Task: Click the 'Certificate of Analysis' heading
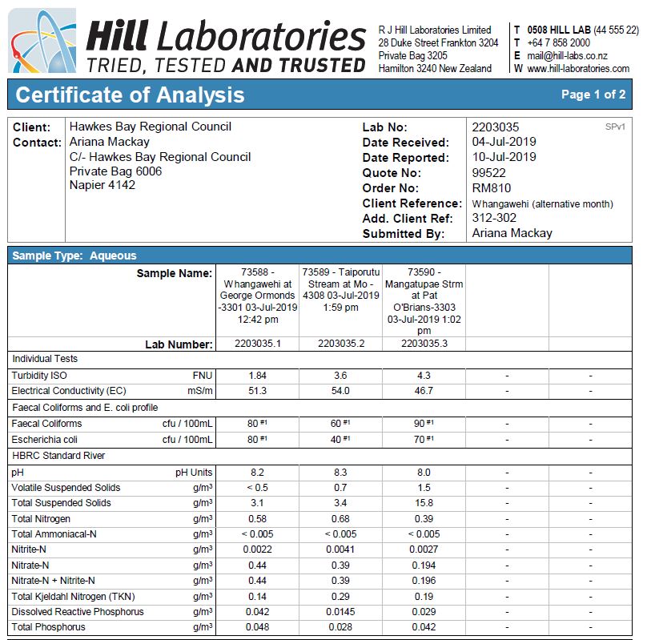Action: tap(130, 95)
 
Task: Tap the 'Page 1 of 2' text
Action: tap(593, 95)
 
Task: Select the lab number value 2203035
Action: tap(496, 127)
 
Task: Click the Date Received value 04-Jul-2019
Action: tap(504, 143)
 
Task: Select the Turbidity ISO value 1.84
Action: tap(258, 376)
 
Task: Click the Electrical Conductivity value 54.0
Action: tap(340, 391)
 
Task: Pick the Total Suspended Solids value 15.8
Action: tap(424, 503)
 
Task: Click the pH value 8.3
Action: tap(340, 473)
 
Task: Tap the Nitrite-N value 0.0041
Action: tap(340, 550)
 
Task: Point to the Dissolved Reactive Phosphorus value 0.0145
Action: tap(340, 612)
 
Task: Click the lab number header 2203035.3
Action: tap(424, 344)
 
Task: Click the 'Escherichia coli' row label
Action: tap(44, 440)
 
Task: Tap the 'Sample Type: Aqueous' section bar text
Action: tap(74, 256)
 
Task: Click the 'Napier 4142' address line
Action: tap(102, 185)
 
